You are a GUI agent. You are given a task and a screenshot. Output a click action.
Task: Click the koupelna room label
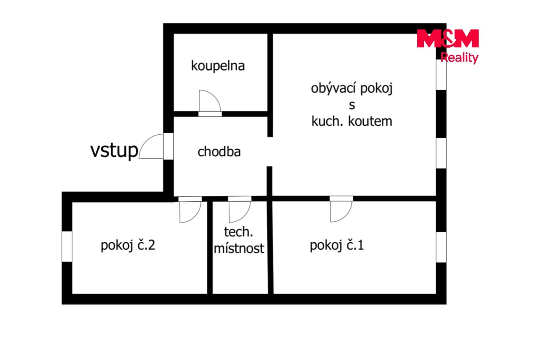[x=218, y=66]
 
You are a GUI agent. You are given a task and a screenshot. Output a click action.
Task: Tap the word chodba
[x=219, y=152]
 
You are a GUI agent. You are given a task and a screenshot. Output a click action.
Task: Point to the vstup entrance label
[x=114, y=150]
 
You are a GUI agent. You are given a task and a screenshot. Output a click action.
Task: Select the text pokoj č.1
[x=337, y=245]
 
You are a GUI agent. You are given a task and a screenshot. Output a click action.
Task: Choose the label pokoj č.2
[x=128, y=245]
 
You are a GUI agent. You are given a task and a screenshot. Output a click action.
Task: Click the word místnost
[x=239, y=248]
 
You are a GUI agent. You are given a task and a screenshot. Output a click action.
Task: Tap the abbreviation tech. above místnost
[x=239, y=232]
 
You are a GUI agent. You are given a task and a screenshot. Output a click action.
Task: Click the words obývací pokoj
[x=352, y=89]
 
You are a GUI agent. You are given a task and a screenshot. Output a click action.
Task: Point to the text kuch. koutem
[x=352, y=121]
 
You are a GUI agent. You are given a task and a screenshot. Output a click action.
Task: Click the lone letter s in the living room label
[x=352, y=105]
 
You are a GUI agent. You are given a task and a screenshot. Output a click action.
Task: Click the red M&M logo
[x=448, y=38]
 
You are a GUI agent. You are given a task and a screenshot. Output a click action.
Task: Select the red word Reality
[x=459, y=58]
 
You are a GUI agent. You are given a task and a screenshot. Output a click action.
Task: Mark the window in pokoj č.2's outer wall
[x=67, y=247]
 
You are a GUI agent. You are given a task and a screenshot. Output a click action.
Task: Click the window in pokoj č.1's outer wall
[x=441, y=247]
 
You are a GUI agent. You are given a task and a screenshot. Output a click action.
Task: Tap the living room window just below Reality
[x=441, y=74]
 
